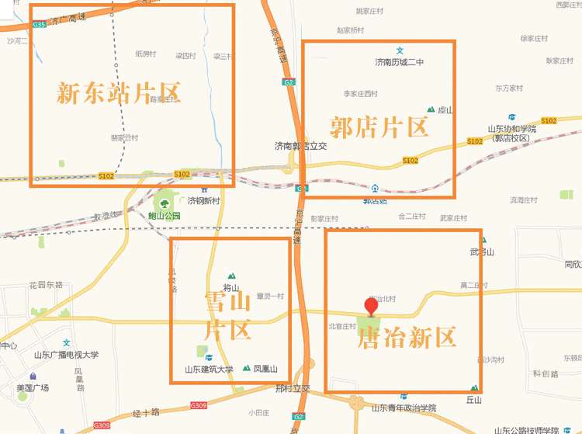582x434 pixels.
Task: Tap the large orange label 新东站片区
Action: tap(119, 93)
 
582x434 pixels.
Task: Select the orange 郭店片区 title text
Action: tap(379, 126)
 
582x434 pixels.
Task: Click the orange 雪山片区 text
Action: tap(227, 314)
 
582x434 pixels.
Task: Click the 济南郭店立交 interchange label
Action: tap(301, 146)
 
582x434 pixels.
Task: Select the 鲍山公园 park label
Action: tap(165, 216)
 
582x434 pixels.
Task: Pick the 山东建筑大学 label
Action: tap(209, 370)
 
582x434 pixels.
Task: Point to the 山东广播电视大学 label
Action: tap(66, 355)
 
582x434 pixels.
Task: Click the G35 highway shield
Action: tap(40, 25)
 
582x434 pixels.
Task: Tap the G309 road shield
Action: tap(199, 406)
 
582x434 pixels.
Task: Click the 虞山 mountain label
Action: tap(445, 110)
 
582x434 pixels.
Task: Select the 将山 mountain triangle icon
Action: tap(230, 276)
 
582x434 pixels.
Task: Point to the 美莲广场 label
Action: tap(33, 387)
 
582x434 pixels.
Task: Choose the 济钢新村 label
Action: tap(204, 200)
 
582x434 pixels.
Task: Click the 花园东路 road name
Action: tap(46, 285)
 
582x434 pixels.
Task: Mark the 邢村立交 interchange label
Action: tap(293, 388)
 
